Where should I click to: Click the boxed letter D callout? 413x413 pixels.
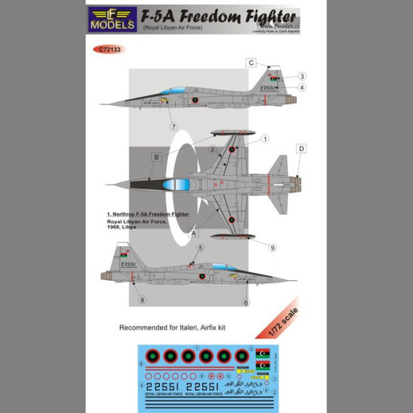tap(300, 149)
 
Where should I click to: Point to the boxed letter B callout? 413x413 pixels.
tap(155, 157)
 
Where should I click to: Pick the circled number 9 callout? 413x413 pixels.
tap(272, 247)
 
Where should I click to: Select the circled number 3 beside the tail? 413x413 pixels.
tap(301, 76)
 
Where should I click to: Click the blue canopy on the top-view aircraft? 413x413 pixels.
tap(176, 184)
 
